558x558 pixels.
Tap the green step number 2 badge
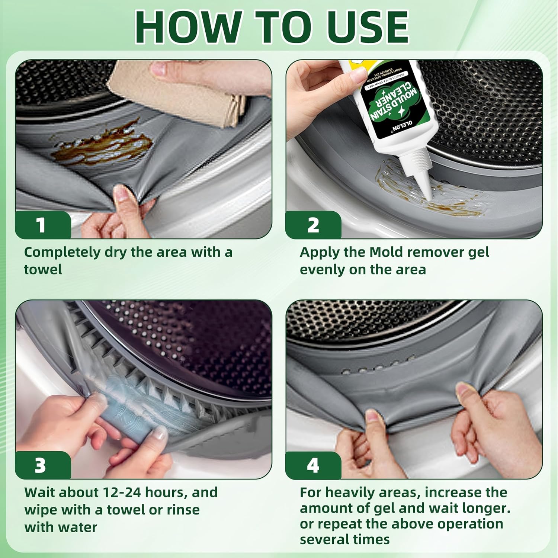(x=313, y=225)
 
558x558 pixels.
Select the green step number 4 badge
(x=313, y=465)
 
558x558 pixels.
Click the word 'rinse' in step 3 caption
(x=182, y=510)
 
